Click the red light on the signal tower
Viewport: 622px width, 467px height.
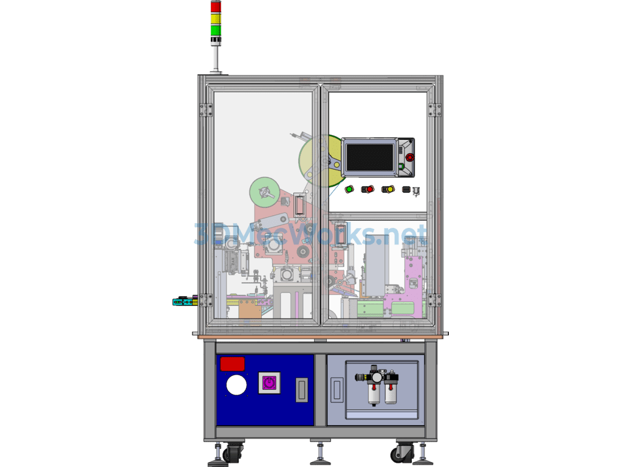pos(216,7)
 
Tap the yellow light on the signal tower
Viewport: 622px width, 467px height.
pos(216,18)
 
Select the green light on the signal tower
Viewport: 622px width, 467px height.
pos(216,30)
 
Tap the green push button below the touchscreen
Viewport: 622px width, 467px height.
pos(349,190)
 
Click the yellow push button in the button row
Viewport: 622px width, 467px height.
pos(389,190)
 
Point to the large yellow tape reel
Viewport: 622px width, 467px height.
pos(321,161)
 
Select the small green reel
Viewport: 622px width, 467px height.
pos(265,192)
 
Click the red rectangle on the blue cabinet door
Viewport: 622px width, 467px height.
pos(233,364)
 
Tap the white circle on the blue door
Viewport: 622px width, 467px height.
pos(236,385)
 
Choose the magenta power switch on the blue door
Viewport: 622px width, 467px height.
pos(269,383)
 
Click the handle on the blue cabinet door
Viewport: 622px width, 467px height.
pos(302,390)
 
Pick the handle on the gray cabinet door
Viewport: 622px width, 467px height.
pos(337,390)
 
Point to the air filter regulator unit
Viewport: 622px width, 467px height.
pos(377,384)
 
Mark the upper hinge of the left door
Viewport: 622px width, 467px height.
pos(205,110)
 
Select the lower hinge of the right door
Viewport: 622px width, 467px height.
pos(434,300)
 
